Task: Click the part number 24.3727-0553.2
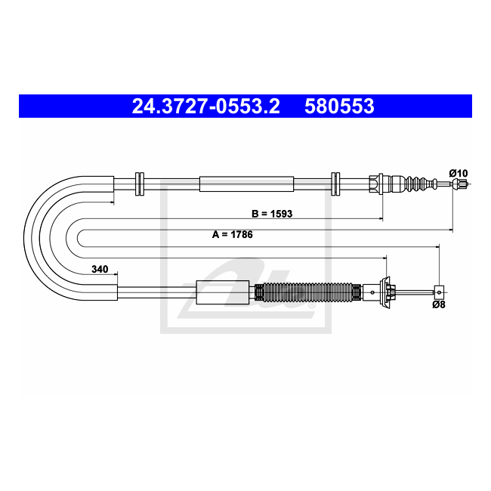point(205,107)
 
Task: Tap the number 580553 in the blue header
point(339,107)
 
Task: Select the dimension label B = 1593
point(271,214)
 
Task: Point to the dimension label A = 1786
point(232,234)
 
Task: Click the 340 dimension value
point(98,269)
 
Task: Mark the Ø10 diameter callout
point(458,172)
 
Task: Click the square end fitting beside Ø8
point(438,291)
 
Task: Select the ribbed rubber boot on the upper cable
point(414,183)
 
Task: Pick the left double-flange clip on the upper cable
point(138,183)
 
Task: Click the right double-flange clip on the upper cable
point(336,183)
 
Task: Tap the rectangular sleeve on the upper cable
point(246,183)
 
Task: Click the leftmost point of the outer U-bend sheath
point(26,236)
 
